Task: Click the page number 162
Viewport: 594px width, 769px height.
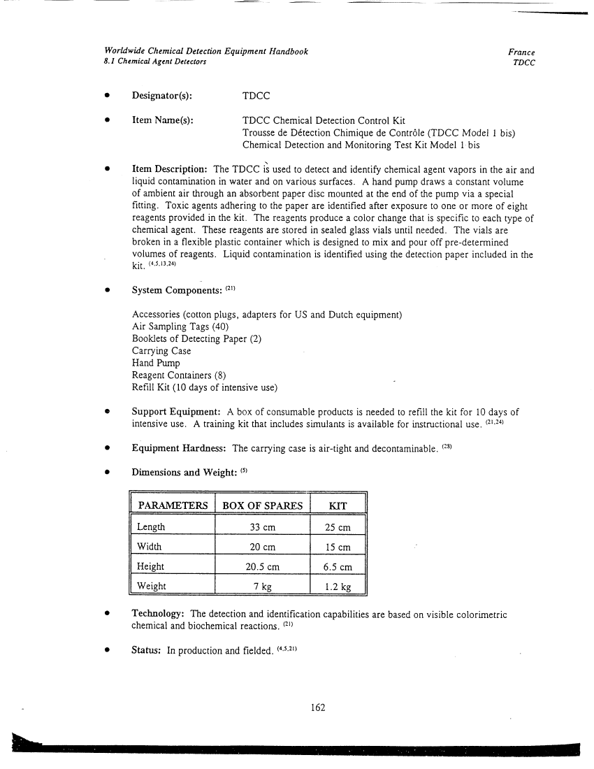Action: point(318,707)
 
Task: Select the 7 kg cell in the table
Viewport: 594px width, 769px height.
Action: point(262,586)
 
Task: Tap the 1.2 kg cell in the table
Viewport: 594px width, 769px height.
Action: point(338,586)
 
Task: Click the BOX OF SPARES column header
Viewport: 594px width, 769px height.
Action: point(262,505)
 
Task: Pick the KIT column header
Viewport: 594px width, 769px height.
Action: point(338,505)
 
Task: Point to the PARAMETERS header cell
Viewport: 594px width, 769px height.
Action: point(173,505)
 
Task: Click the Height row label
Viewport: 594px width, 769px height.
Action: point(151,566)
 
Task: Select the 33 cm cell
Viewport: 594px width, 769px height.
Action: point(262,527)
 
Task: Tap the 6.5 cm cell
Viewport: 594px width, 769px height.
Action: point(338,566)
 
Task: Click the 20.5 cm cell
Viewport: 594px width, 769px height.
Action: point(262,566)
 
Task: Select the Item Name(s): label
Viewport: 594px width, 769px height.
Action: point(163,121)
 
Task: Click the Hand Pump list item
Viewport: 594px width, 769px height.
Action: point(156,364)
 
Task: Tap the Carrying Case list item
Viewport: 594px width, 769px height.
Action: point(161,351)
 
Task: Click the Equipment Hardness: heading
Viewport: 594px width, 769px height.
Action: point(180,448)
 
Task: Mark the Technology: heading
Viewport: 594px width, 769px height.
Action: point(159,614)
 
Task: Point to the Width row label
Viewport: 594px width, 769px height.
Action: point(150,547)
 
